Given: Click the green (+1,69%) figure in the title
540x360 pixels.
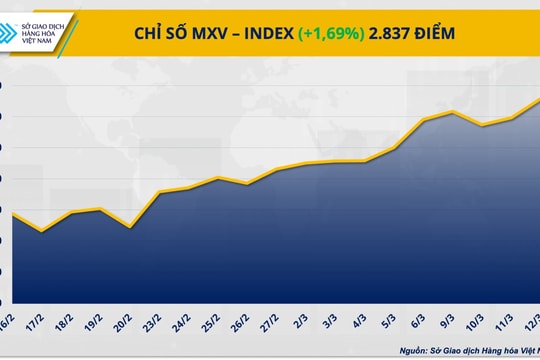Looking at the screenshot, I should coord(330,34).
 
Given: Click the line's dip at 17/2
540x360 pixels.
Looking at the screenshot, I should coord(41,231).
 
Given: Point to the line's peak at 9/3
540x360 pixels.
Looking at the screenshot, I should coord(454,111).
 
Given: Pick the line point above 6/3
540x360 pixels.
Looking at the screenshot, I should coord(424,120).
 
